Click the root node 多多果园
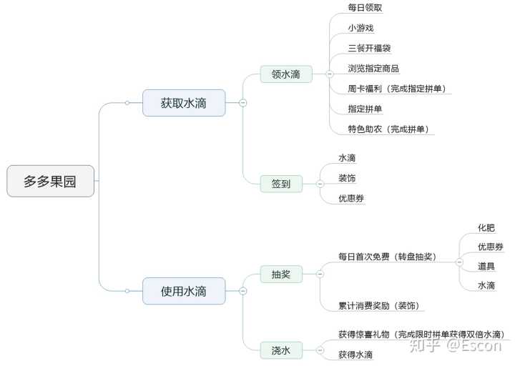point(50,181)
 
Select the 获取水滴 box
point(184,103)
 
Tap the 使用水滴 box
point(184,291)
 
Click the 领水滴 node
point(285,74)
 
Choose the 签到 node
point(280,184)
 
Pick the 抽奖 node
point(280,274)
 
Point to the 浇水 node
point(280,350)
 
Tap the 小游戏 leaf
point(361,28)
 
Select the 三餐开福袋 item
point(370,48)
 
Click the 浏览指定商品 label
point(373,69)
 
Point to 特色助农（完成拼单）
point(391,129)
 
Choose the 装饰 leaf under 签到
point(348,178)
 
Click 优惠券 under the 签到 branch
point(352,198)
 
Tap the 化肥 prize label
point(486,227)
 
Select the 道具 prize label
point(486,266)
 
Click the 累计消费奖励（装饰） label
point(378,306)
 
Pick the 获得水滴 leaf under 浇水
point(355,355)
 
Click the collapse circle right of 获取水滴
point(242,103)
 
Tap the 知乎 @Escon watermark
point(453,346)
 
